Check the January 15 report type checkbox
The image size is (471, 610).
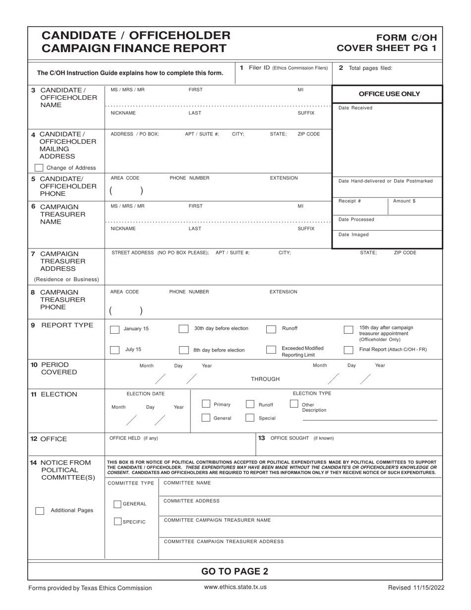point(115,329)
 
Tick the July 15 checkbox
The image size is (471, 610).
point(115,350)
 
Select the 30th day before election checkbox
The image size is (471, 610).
point(183,329)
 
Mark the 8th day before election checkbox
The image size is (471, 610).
point(183,350)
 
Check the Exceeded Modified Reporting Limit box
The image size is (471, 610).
point(271,350)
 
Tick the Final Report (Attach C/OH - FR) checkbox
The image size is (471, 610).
point(349,350)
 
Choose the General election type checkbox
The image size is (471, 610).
point(206,418)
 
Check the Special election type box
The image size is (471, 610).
point(250,418)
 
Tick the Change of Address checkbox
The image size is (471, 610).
point(39,168)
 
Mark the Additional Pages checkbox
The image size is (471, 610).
point(39,511)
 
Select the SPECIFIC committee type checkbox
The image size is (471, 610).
point(118,521)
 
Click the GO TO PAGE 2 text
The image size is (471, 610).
point(235,571)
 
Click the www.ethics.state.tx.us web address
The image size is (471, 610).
point(235,587)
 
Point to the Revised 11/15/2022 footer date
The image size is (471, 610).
point(416,588)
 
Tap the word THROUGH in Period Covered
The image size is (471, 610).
point(265,379)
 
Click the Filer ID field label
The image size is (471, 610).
point(284,68)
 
